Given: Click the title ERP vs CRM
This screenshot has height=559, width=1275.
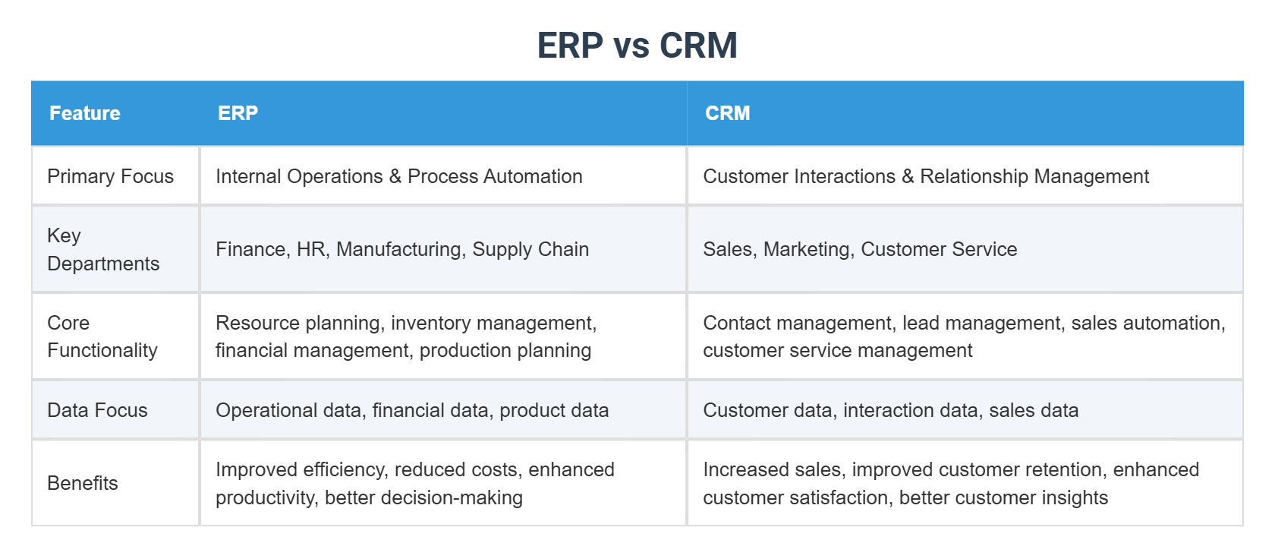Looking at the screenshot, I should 637,46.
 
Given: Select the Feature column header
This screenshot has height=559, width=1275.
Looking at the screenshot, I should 85,113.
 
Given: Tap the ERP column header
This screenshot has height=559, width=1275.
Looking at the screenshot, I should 238,113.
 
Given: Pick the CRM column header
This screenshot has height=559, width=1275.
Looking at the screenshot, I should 727,113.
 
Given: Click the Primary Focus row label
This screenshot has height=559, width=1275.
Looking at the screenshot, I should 110,176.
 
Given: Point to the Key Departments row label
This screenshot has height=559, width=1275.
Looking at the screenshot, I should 103,249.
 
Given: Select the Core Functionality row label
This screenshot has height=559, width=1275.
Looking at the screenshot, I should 102,336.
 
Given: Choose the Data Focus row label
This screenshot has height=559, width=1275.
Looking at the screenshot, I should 97,410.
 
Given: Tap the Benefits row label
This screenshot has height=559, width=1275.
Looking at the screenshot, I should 83,483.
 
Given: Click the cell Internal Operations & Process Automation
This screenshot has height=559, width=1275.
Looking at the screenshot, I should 398,176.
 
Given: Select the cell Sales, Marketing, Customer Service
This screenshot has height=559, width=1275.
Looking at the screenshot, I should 860,249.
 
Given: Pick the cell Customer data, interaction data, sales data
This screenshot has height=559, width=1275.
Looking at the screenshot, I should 890,410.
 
